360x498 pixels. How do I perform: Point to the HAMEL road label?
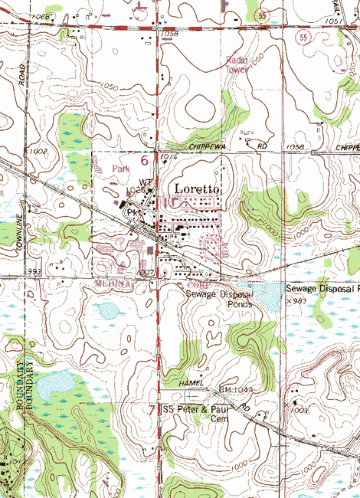coord(193,382)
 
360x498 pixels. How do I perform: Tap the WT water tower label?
coord(146,182)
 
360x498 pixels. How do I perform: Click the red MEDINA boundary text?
coord(114,283)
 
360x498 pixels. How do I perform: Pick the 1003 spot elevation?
coord(299,411)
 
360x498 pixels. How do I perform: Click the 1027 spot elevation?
coord(146,272)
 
